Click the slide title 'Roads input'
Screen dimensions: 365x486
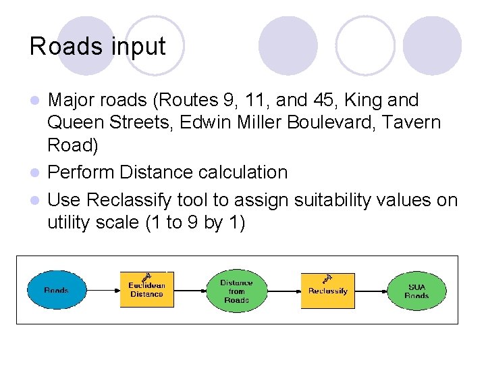pos(97,47)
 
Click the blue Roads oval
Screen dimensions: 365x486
pos(56,291)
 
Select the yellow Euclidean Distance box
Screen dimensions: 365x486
pos(146,291)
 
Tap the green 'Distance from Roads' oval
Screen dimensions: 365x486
pos(236,291)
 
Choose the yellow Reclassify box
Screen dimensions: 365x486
pos(327,291)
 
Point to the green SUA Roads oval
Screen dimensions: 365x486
pos(416,291)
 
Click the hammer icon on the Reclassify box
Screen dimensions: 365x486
pos(327,277)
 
